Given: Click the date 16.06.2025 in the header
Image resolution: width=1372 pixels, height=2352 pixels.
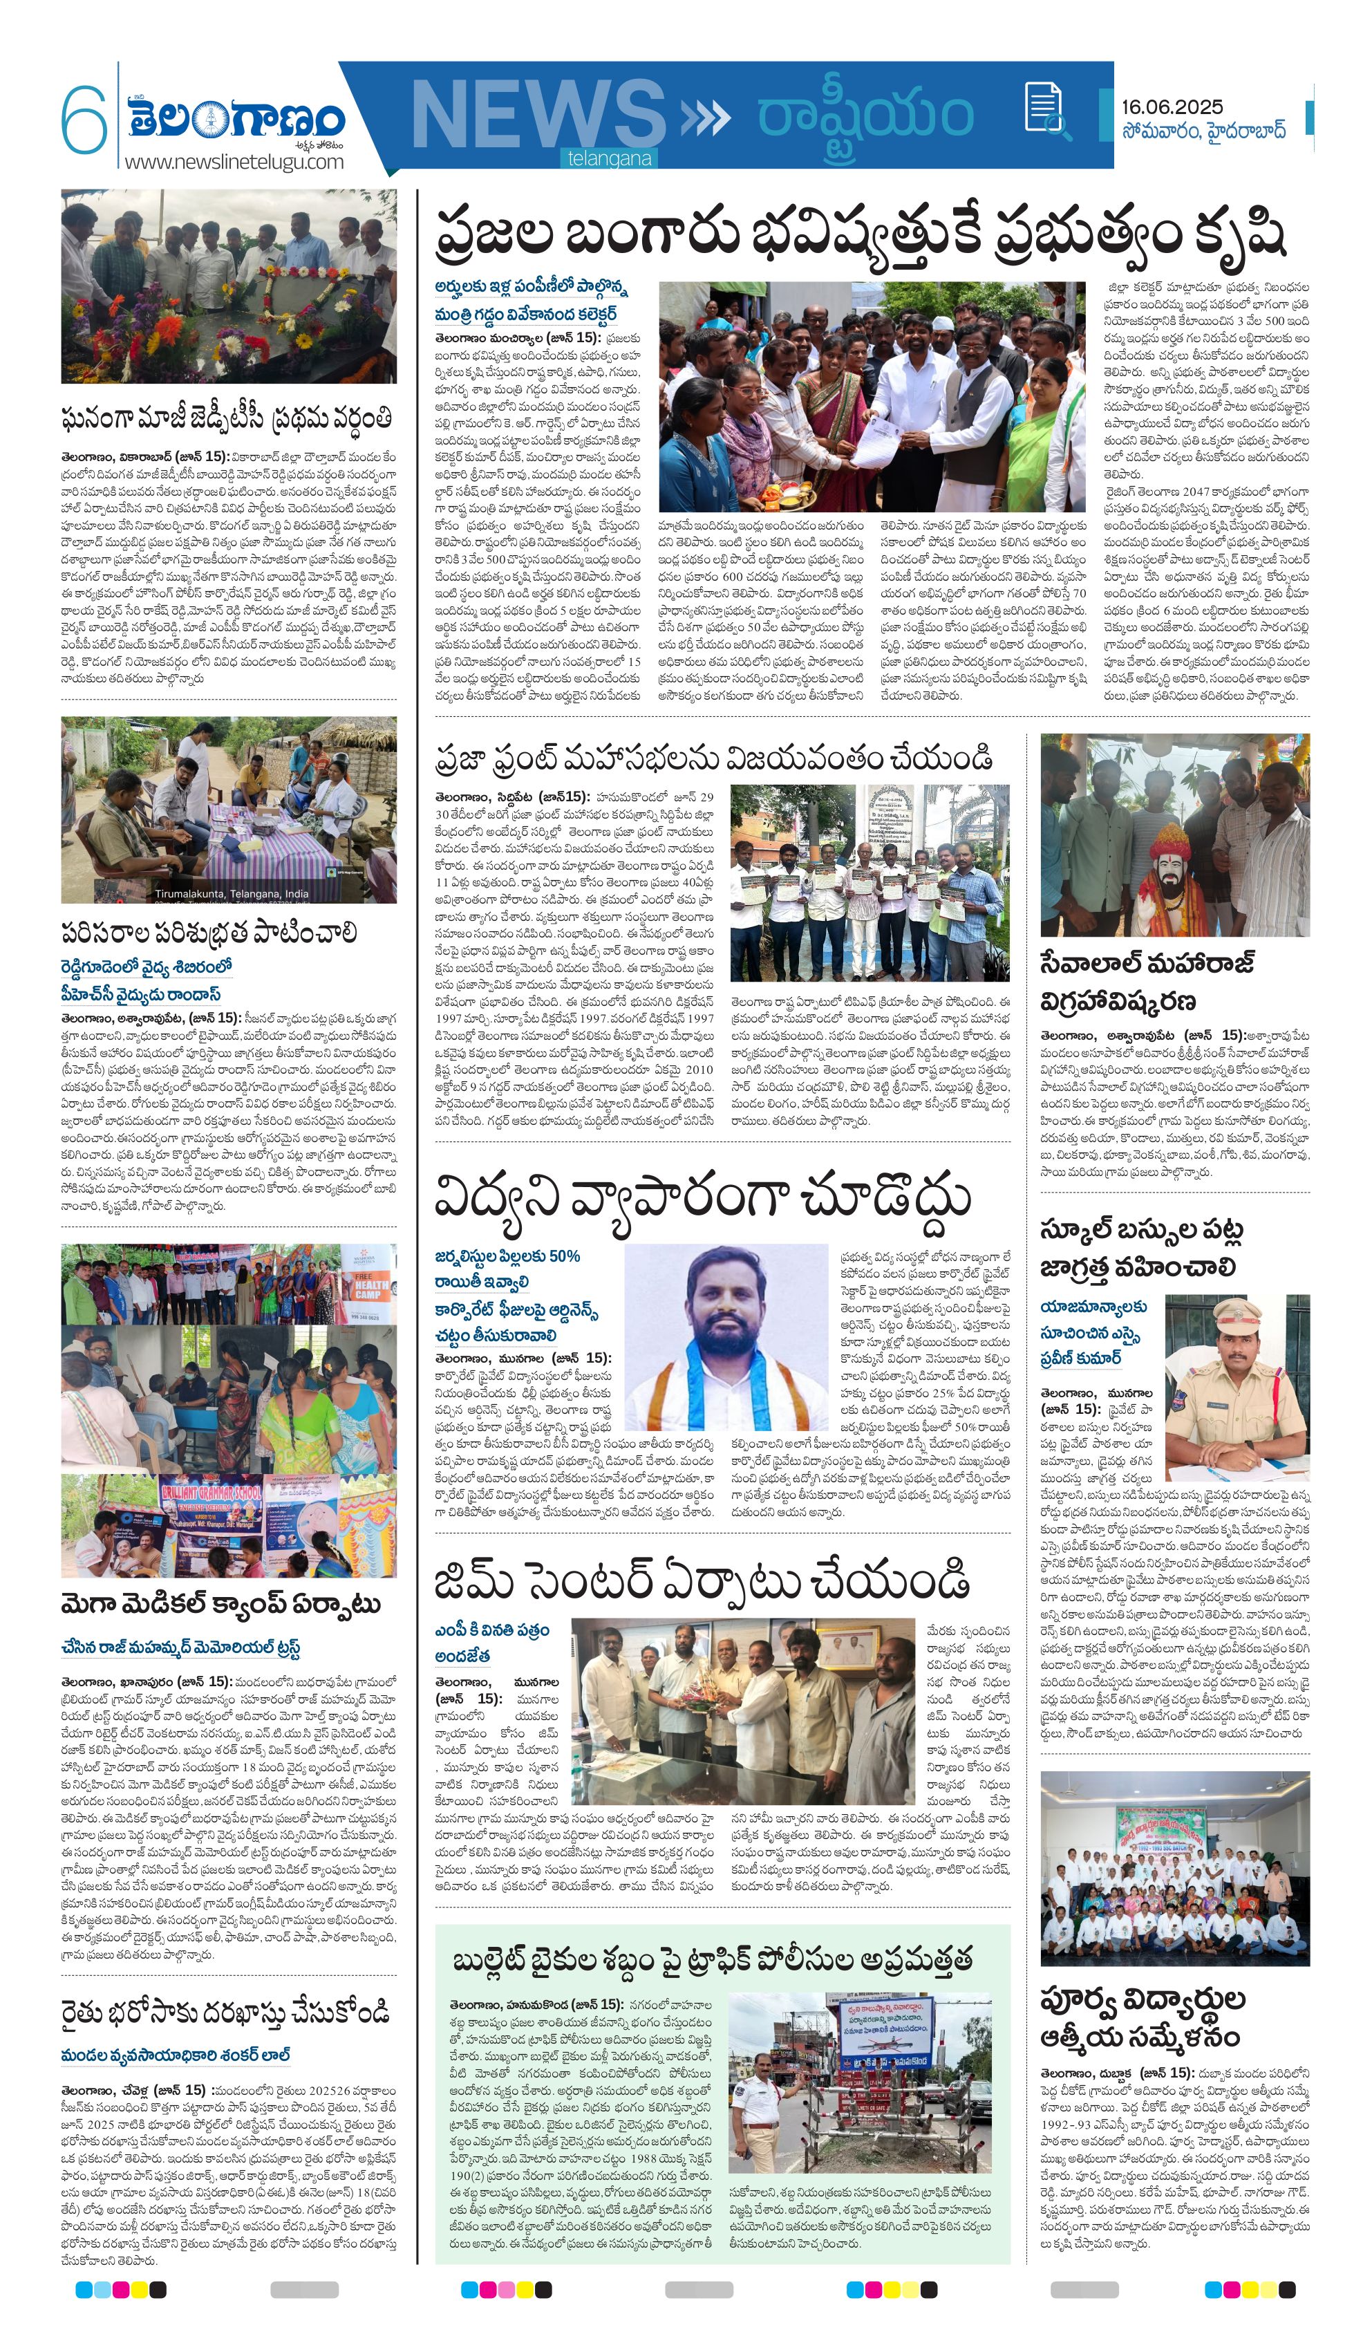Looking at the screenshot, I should pyautogui.click(x=1172, y=106).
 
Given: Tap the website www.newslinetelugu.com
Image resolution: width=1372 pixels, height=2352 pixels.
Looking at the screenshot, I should pyautogui.click(x=234, y=162).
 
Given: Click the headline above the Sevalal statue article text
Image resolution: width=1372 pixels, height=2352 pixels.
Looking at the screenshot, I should pyautogui.click(x=1148, y=981).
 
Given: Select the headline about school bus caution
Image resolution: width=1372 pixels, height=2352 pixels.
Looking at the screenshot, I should pyautogui.click(x=1143, y=1248).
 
